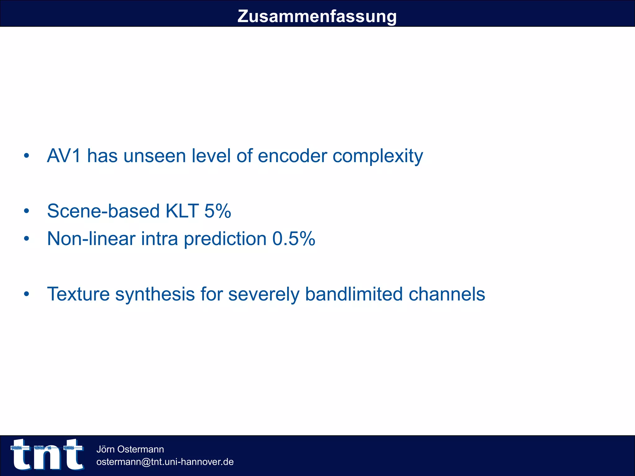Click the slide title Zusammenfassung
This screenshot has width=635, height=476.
click(317, 16)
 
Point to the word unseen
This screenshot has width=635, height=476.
click(154, 156)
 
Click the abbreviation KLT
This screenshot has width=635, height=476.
click(182, 211)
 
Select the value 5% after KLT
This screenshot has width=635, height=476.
click(218, 211)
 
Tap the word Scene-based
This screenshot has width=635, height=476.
click(103, 211)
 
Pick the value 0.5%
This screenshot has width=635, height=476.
click(294, 239)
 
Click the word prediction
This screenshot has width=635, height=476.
click(225, 239)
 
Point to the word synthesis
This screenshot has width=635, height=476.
click(155, 294)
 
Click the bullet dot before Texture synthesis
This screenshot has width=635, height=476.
click(27, 294)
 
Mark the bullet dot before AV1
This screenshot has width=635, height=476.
click(27, 156)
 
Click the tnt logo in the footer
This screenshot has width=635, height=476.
click(47, 454)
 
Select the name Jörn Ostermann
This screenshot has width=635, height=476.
click(130, 449)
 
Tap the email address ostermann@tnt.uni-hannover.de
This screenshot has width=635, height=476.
click(165, 462)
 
